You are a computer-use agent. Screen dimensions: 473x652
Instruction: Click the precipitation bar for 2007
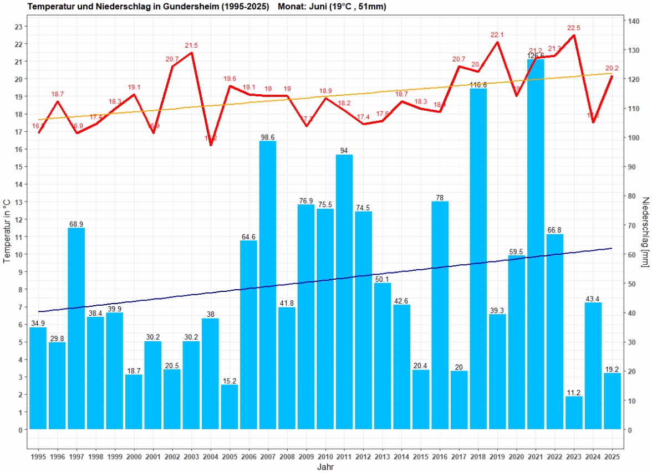[268, 285]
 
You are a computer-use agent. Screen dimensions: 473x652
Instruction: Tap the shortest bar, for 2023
[574, 413]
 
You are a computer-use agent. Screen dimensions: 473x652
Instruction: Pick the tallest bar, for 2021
[536, 244]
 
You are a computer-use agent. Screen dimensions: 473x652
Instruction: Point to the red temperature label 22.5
[573, 28]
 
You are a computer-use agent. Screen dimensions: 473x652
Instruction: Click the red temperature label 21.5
[191, 45]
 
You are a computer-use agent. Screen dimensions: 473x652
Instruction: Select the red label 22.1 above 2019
[497, 35]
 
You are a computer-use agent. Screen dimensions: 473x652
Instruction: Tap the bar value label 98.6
[268, 137]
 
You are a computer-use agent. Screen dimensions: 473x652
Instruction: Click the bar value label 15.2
[230, 381]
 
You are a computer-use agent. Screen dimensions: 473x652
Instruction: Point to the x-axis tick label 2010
[325, 457]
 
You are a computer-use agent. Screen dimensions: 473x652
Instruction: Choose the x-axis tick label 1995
[38, 457]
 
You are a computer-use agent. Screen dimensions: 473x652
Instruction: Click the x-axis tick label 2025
[612, 457]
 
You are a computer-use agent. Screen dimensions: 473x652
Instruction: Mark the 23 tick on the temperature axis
[18, 27]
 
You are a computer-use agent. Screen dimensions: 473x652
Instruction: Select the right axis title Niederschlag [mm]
[645, 232]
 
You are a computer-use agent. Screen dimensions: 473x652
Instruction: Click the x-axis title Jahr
[325, 467]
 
